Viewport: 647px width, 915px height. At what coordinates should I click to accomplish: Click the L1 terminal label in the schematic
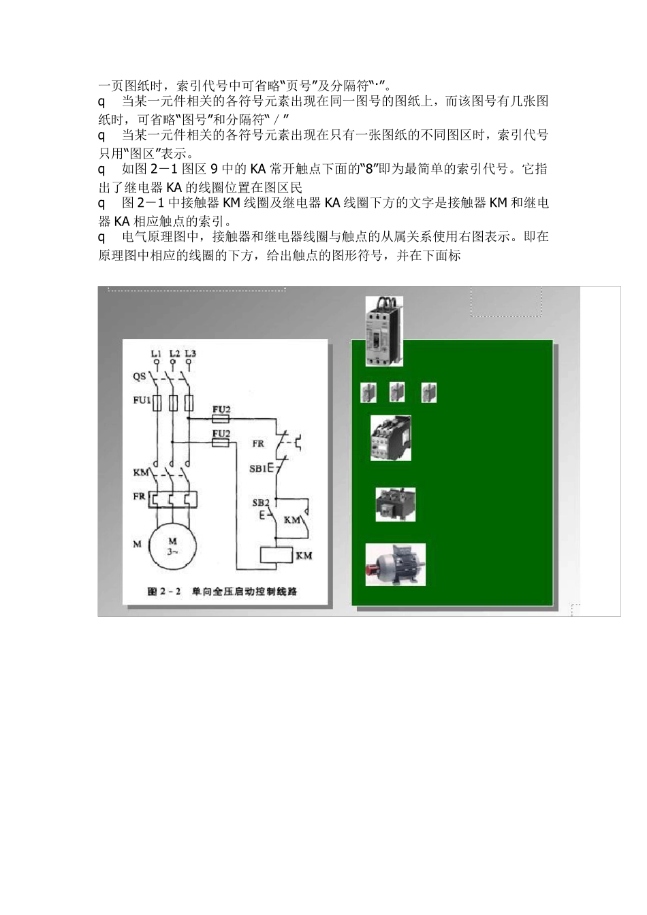[156, 354]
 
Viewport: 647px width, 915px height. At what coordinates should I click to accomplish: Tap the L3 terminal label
[191, 354]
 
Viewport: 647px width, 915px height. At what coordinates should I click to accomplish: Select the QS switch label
[138, 376]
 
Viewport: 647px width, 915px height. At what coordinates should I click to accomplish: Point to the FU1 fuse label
[141, 400]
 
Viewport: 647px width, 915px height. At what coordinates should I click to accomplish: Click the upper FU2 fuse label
[221, 409]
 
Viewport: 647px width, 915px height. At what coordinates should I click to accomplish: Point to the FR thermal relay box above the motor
[173, 500]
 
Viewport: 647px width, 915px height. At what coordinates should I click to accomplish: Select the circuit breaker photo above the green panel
[384, 331]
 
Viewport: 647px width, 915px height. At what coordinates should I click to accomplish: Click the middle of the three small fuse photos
[398, 392]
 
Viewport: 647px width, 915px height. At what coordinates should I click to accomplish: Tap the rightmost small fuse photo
[429, 393]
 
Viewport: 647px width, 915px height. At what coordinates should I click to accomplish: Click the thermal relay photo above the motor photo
[395, 504]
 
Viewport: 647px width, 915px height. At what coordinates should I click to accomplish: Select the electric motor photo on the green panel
[396, 564]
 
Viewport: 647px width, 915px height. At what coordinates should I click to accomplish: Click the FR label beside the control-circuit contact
[258, 444]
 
